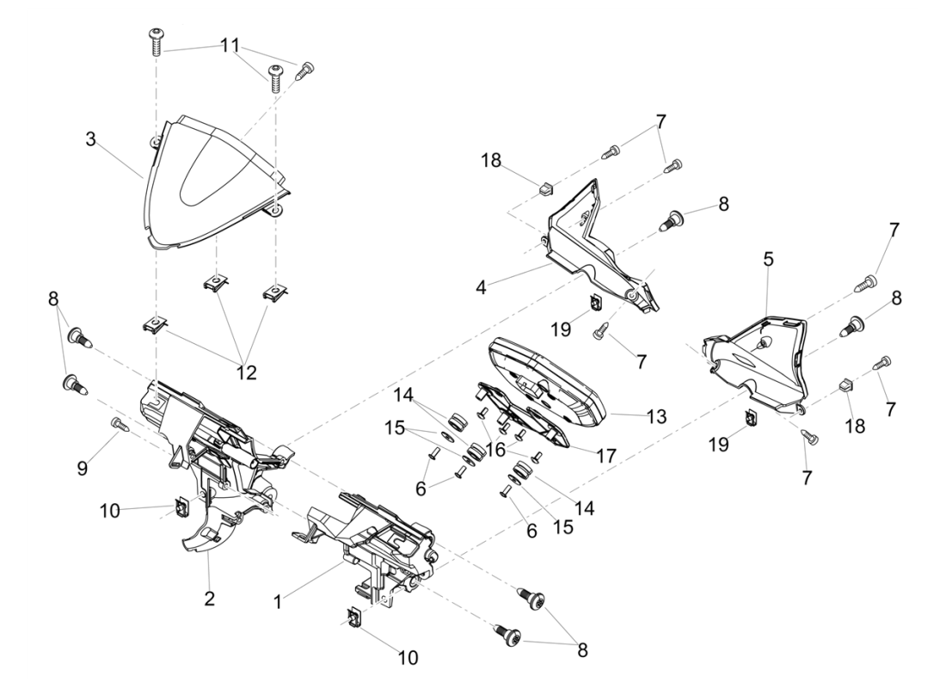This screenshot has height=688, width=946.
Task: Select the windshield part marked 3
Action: (211, 185)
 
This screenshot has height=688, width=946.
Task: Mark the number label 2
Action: (209, 599)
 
